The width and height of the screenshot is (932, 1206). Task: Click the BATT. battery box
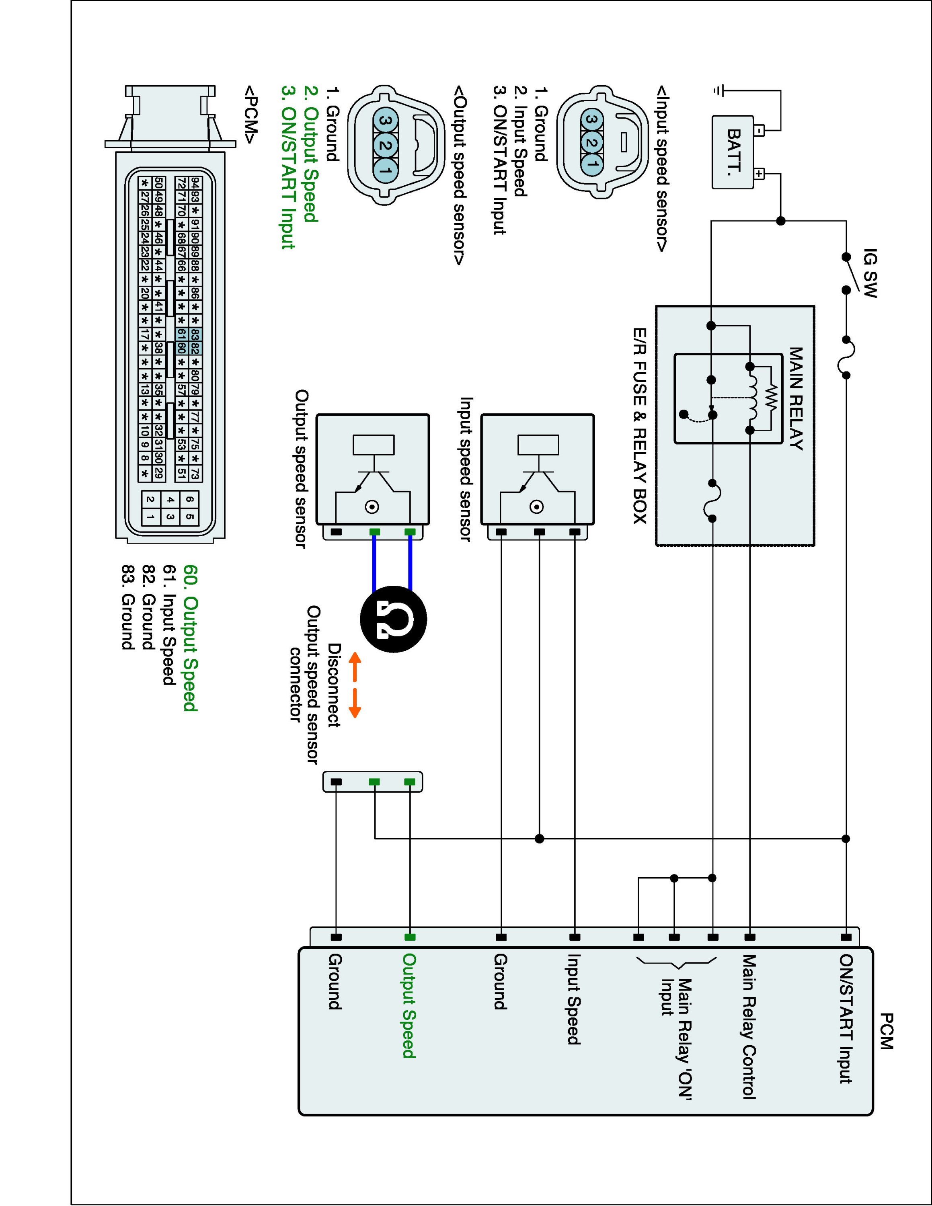coord(733,152)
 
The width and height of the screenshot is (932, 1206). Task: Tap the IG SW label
coord(870,273)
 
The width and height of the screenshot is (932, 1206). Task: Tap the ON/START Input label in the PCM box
coord(845,1019)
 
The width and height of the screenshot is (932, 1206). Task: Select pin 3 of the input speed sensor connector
coord(591,119)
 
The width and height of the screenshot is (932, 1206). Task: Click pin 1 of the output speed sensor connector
coord(386,170)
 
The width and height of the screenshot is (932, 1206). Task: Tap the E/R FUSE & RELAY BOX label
coord(640,426)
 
